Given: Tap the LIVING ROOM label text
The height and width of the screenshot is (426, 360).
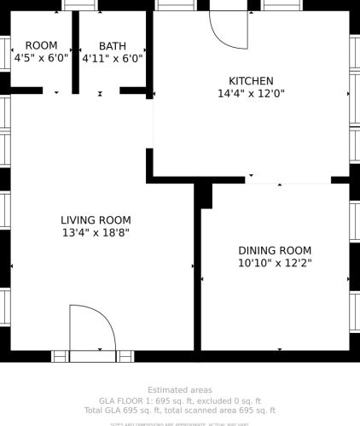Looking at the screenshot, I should (96, 219).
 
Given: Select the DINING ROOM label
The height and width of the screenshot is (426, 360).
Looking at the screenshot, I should (275, 250).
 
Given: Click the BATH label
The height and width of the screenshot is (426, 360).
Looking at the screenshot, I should (112, 46).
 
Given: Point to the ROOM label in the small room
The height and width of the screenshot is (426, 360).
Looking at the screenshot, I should (41, 45).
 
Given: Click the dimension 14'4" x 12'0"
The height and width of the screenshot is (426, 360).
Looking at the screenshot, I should (251, 94).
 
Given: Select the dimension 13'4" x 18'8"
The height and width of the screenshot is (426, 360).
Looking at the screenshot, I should (96, 232).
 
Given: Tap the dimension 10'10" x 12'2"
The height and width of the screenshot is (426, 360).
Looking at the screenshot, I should (275, 263).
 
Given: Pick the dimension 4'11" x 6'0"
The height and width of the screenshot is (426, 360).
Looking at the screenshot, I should (112, 59).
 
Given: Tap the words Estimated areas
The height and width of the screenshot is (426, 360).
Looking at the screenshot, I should (180, 390).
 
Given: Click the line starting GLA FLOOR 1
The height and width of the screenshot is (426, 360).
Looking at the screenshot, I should (180, 400).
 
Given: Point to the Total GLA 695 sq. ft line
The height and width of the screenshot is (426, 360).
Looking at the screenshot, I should (180, 411).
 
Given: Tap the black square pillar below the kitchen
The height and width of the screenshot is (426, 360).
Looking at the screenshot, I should (204, 195).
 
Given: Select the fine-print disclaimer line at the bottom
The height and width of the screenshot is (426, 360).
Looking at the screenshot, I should (180, 423).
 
